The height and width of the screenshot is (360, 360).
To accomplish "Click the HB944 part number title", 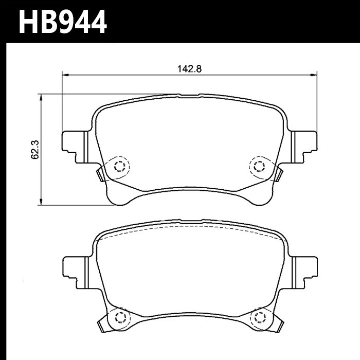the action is tap(63, 22).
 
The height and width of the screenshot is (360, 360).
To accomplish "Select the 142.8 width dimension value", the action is tap(189, 68).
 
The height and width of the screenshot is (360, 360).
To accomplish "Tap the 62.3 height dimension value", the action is tap(35, 150).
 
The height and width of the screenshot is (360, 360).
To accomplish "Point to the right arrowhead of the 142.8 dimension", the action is tap(314, 75).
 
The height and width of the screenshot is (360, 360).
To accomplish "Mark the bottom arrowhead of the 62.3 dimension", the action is tap(41, 202).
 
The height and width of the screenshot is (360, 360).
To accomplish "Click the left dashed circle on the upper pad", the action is tap(120, 167).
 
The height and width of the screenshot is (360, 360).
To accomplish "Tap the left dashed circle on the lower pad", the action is tap(120, 318).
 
